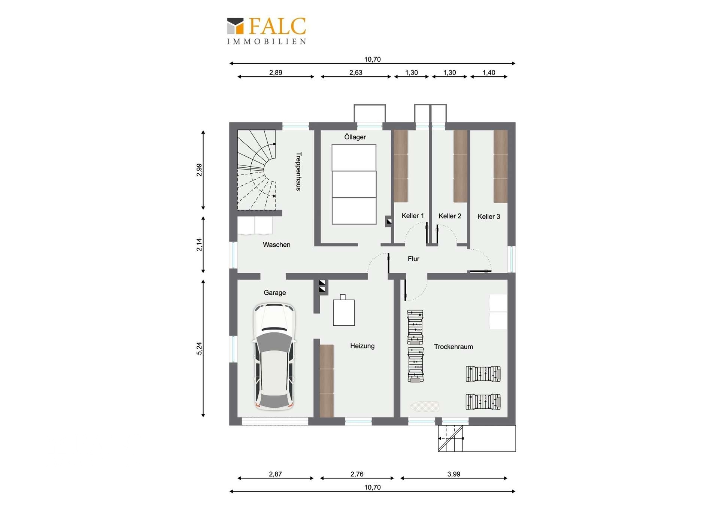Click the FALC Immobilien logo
267,31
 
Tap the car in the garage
274,356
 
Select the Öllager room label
355,137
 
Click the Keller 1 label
413,216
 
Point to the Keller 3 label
489,216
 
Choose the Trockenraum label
453,347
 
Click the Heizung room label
362,346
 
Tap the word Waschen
276,245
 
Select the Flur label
413,259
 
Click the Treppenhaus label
298,171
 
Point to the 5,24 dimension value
199,348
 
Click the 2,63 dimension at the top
356,73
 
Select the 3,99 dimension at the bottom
453,474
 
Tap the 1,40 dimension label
489,73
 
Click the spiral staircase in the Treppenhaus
257,170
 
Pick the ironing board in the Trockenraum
425,406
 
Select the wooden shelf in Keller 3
501,166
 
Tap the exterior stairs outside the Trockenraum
451,438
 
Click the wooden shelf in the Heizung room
327,381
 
